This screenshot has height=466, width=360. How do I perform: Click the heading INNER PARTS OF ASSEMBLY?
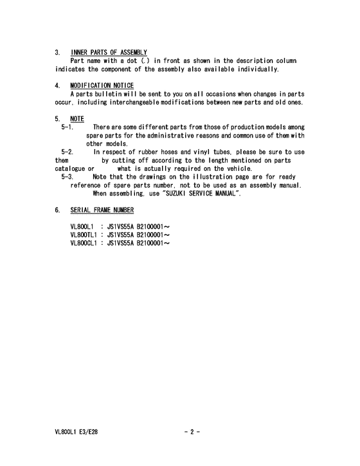[109, 52]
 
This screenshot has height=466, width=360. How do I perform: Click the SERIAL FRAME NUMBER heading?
[102, 210]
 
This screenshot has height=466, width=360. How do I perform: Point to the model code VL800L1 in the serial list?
[82, 228]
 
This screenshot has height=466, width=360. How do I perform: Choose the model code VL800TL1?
[84, 235]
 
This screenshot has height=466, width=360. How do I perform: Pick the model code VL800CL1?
[84, 243]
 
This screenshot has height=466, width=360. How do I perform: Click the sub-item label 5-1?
[67, 127]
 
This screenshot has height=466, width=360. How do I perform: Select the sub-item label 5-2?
[67, 152]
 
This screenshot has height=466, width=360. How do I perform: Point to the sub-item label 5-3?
[67, 176]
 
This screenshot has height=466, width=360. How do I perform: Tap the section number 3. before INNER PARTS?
[58, 52]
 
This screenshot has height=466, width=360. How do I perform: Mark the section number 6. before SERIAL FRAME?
[58, 210]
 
